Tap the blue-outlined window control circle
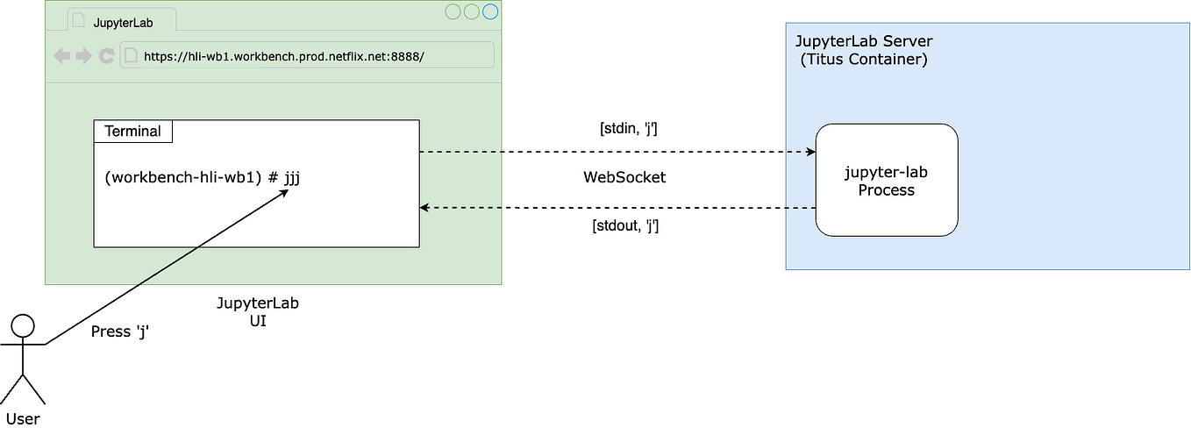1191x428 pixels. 490,11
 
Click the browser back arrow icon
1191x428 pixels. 62,56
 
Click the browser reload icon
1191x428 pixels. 106,56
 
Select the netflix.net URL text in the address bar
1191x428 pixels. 284,56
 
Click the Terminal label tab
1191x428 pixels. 132,132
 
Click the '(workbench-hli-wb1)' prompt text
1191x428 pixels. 182,177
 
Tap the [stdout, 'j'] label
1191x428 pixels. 625,225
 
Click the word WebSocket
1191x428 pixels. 624,177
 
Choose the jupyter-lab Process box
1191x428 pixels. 886,181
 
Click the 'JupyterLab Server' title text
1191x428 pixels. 863,42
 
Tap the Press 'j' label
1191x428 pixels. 120,332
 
